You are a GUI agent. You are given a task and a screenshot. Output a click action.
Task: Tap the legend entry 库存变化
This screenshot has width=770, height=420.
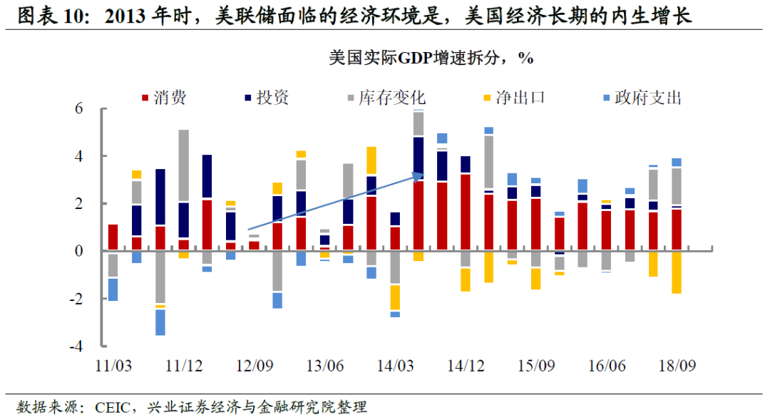tap(392, 98)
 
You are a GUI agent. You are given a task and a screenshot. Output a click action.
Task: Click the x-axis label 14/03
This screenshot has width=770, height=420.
tap(396, 366)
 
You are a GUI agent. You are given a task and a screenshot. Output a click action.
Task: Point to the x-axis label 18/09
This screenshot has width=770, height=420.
tap(678, 366)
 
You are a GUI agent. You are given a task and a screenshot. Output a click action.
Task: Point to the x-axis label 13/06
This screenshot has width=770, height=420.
tap(326, 366)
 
